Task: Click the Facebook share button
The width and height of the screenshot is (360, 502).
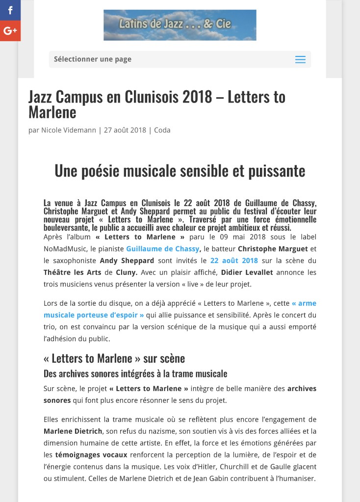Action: tap(10, 10)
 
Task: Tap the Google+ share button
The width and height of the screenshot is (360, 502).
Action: tap(10, 31)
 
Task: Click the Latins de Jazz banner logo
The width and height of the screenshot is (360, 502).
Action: tap(180, 25)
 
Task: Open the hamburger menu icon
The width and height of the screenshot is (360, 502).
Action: tap(300, 59)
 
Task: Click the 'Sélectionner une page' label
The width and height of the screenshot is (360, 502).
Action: tap(93, 59)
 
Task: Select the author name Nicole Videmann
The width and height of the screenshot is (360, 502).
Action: tap(69, 130)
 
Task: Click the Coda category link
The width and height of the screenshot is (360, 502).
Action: tap(162, 130)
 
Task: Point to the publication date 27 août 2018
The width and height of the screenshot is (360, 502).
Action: tap(125, 130)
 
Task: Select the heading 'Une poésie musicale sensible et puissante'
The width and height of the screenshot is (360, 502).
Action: tap(180, 171)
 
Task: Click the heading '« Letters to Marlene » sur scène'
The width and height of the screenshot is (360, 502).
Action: tap(114, 358)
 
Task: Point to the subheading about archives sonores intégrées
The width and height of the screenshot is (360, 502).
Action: tap(135, 373)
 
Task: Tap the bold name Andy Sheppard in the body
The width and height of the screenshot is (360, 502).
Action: tap(127, 261)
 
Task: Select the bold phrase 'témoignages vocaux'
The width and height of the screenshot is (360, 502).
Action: tap(91, 454)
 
